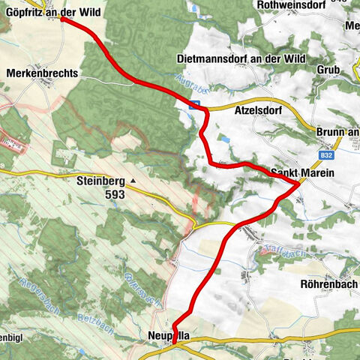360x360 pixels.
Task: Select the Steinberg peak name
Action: point(100,180)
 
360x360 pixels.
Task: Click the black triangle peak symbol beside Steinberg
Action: point(133,181)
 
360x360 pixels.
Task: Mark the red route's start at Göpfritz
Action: point(61,19)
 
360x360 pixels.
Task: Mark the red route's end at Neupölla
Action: point(173,343)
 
